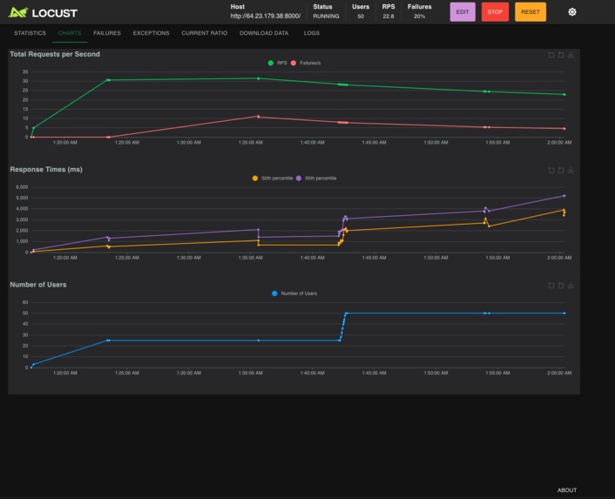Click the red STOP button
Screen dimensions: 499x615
click(495, 12)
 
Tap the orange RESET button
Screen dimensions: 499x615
click(530, 12)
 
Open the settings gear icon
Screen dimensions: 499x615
click(571, 12)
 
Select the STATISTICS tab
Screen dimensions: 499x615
click(30, 33)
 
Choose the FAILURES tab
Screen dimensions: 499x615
click(107, 33)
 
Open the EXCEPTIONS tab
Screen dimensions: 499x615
click(151, 33)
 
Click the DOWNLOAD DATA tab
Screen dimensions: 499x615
click(264, 33)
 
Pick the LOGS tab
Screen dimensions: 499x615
click(311, 33)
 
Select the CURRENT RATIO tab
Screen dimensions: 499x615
click(204, 33)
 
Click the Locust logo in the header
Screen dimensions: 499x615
click(44, 13)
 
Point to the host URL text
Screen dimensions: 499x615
click(266, 17)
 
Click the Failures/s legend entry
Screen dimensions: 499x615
click(306, 63)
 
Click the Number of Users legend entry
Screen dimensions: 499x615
click(295, 293)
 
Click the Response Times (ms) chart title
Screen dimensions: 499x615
click(45, 169)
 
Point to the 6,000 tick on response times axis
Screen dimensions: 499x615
click(22, 187)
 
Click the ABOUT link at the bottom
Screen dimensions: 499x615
click(567, 490)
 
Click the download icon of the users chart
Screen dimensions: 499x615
click(571, 286)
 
